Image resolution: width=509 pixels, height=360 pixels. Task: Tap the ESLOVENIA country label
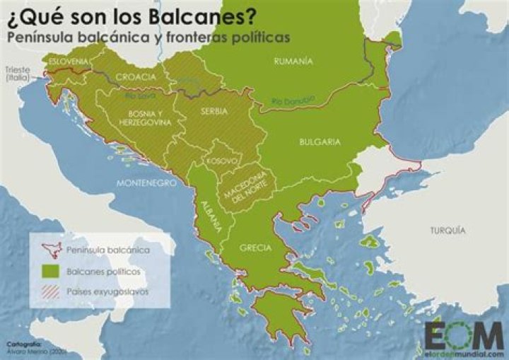tap(69, 62)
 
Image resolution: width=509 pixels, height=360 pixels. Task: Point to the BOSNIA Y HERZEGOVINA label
tap(147, 118)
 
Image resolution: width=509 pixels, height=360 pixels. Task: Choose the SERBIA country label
tap(213, 112)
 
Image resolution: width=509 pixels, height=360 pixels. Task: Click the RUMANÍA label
tap(293, 62)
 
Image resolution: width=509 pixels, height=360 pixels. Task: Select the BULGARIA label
tap(320, 141)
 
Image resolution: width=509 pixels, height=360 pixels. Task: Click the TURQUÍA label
tap(447, 231)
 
